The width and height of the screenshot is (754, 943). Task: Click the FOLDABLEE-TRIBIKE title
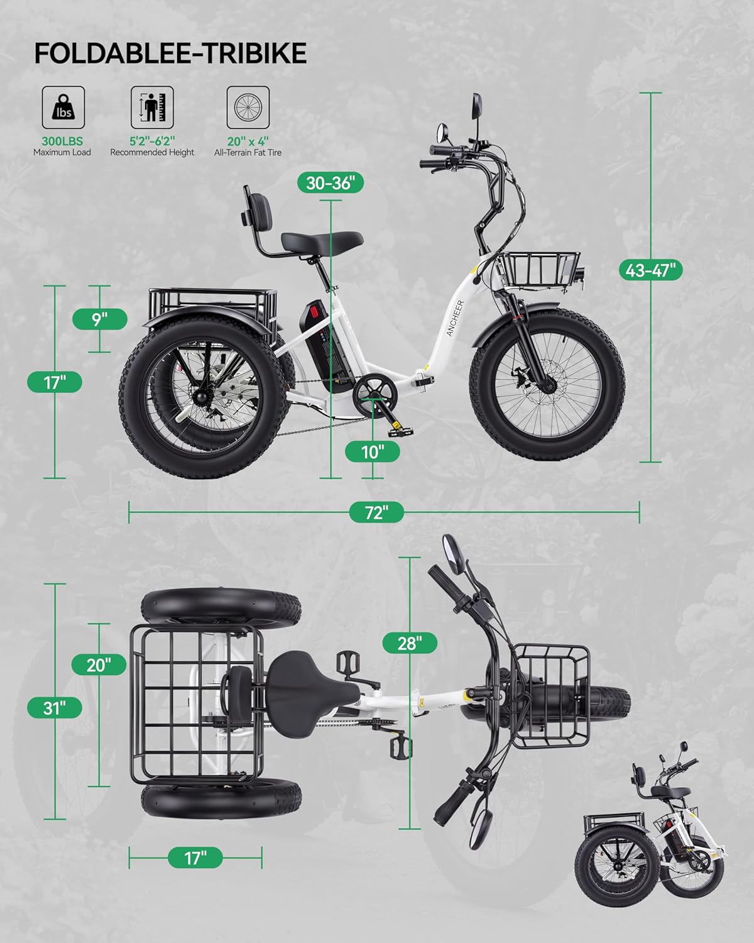(x=170, y=53)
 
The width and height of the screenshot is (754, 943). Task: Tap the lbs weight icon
(x=63, y=108)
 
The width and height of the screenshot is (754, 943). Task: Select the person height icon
(x=152, y=108)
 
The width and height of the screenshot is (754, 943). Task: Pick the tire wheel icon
(x=248, y=108)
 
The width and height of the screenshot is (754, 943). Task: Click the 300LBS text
(x=62, y=141)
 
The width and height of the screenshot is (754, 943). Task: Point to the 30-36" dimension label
(x=331, y=183)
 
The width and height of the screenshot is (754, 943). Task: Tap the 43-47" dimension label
(x=650, y=270)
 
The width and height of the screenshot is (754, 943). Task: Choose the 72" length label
(x=376, y=512)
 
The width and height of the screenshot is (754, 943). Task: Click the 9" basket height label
(x=100, y=319)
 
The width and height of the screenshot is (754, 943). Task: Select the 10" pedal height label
(x=373, y=451)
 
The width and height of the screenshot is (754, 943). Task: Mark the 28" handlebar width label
(x=410, y=643)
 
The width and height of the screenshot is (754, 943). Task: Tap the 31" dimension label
(x=54, y=708)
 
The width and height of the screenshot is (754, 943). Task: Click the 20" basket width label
(x=99, y=665)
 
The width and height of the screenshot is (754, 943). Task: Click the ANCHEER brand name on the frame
(x=454, y=319)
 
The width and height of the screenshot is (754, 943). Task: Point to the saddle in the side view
(x=322, y=241)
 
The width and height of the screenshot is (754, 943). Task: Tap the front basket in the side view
(x=538, y=268)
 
